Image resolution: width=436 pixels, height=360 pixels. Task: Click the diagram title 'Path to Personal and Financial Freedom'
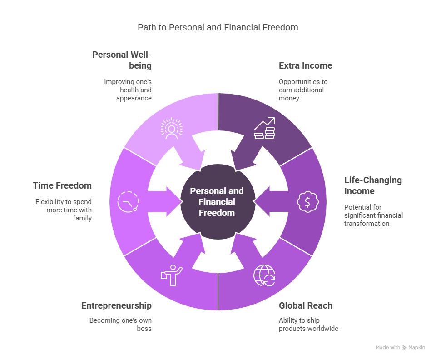218,27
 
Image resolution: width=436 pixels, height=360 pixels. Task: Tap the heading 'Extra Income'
305,65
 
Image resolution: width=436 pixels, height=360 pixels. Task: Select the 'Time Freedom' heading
62,185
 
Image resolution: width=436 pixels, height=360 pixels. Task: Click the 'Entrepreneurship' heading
116,306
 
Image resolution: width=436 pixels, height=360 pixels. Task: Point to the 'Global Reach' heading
306,306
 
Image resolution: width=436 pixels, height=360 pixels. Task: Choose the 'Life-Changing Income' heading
373,185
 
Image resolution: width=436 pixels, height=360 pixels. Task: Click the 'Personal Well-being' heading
122,60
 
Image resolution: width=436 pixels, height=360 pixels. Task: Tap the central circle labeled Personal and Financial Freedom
218,202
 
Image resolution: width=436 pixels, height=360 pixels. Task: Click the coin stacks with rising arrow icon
264,128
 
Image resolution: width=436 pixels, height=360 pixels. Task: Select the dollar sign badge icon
307,202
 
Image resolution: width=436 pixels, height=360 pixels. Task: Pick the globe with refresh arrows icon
264,275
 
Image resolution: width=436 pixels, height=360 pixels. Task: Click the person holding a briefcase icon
172,275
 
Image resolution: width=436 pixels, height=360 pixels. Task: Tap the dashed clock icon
128,202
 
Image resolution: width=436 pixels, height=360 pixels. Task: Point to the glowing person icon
172,128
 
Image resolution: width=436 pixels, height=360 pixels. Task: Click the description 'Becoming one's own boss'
120,325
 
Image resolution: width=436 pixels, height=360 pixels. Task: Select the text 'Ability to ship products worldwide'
308,325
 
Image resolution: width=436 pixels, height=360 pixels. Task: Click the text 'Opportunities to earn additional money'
303,90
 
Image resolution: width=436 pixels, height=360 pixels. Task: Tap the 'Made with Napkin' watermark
400,347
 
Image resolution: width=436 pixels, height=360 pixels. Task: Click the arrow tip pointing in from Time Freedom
182,202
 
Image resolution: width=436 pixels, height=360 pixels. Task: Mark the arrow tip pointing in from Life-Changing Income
254,202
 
